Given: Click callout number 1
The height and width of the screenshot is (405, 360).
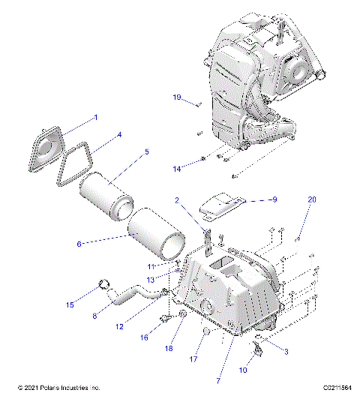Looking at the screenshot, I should click(x=95, y=118).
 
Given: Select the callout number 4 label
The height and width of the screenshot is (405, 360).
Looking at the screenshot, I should click(x=118, y=136).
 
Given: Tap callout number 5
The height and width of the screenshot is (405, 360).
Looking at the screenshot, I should click(x=146, y=152).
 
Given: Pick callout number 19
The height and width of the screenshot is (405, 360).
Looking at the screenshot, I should click(x=178, y=98).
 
